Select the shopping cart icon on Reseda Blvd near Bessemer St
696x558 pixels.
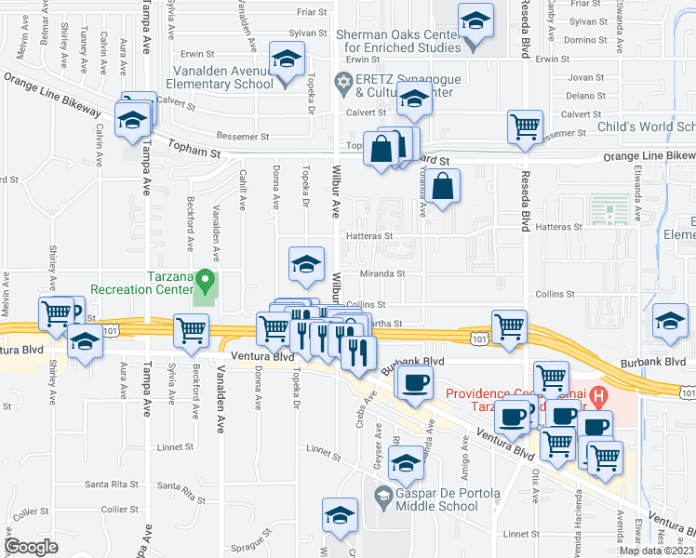[525, 126]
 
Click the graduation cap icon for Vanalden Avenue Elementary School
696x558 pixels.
[287, 60]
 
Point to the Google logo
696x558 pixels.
[31, 547]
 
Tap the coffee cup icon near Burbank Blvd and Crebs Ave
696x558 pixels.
[414, 381]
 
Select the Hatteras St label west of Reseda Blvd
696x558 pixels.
[368, 236]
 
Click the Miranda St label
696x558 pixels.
[388, 273]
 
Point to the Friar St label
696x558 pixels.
[310, 12]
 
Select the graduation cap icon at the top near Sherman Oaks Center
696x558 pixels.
[475, 22]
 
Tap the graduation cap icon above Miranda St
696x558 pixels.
[305, 265]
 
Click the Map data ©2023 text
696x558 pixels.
[655, 551]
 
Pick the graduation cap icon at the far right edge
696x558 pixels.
[670, 321]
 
